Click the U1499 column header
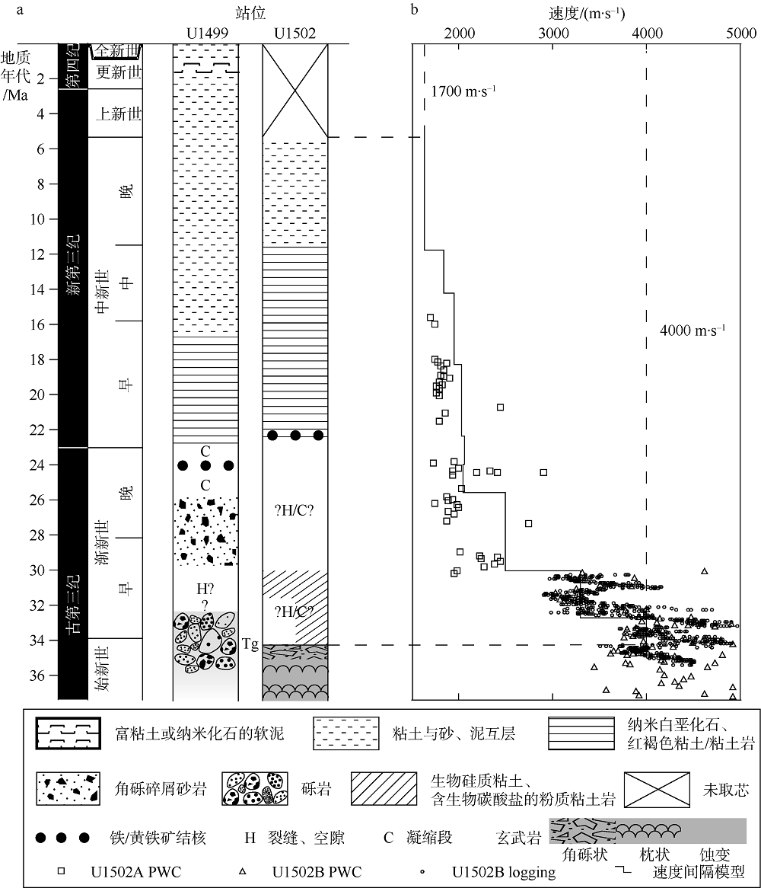point(207,34)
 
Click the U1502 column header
point(295,34)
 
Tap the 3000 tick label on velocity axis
point(553,34)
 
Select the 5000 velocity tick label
point(741,34)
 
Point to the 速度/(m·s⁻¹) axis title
point(587,13)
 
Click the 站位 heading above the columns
point(250,13)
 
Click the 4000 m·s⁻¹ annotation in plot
point(693,331)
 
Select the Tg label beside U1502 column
point(250,644)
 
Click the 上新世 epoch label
point(118,113)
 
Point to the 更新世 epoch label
point(118,72)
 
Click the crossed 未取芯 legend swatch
point(657,789)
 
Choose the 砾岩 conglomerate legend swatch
point(255,789)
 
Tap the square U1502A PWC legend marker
point(61,871)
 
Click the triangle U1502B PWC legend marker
point(242,871)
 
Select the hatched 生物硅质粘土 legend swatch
point(384,789)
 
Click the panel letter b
point(415,10)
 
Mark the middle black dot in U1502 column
point(295,436)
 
